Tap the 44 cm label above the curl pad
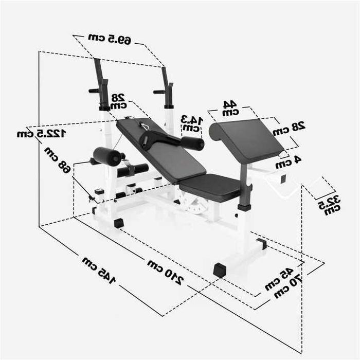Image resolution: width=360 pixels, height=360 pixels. point(229,107)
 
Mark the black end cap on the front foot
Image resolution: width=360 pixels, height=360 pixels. point(220,269)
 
